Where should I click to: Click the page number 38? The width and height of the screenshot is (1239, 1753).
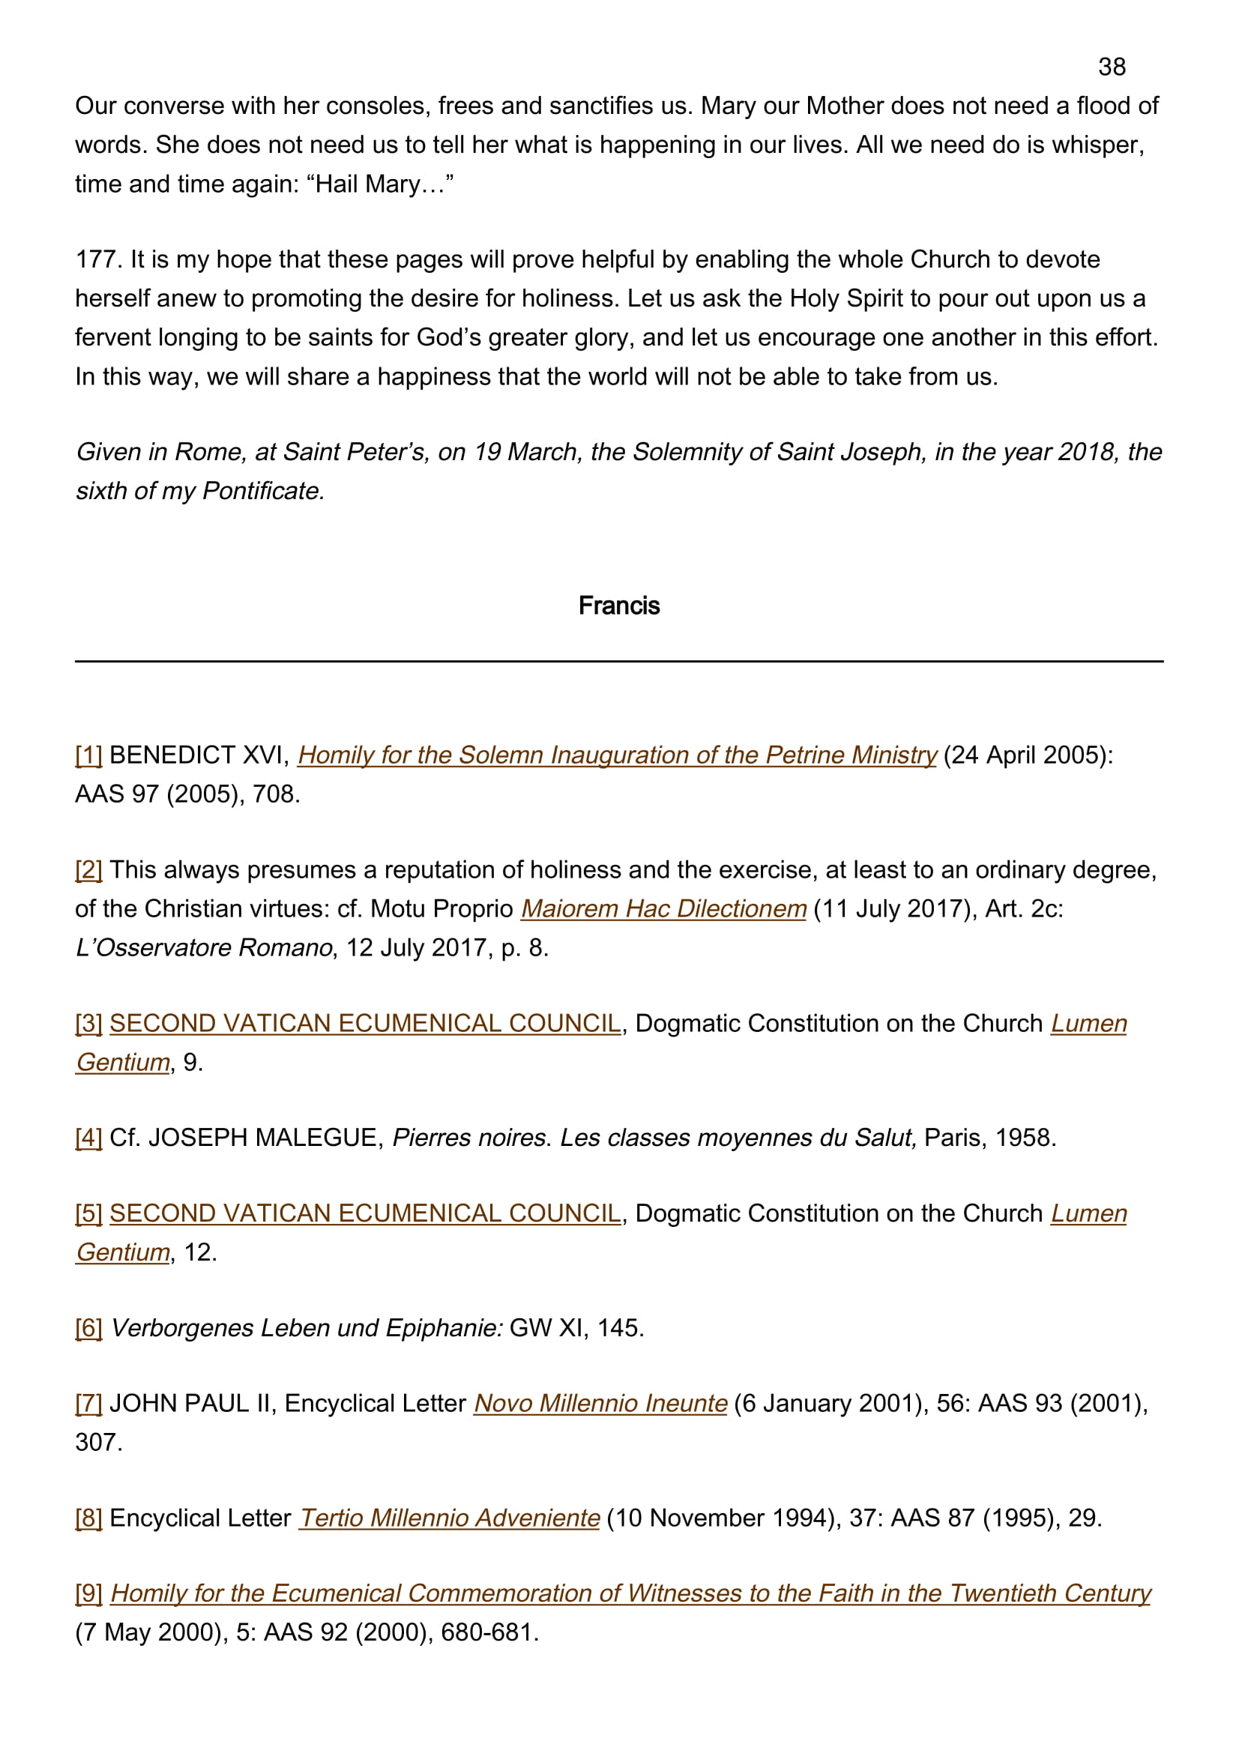coord(1112,67)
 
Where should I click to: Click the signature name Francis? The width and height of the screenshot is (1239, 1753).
coord(618,606)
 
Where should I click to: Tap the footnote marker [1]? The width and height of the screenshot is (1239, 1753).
coord(88,755)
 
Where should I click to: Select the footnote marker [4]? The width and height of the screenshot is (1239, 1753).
coord(88,1138)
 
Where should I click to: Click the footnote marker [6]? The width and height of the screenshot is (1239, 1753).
coord(88,1328)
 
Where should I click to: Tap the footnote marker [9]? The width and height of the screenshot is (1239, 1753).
coord(88,1593)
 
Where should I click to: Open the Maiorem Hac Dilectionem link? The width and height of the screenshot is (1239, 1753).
coord(663,908)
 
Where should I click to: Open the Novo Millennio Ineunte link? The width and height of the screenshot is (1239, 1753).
coord(600,1403)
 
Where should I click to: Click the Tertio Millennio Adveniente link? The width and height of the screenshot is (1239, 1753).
coord(449,1518)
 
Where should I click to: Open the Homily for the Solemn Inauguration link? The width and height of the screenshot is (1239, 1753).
coord(616,755)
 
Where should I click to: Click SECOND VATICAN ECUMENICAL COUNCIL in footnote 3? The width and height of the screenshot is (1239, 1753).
coord(365,1023)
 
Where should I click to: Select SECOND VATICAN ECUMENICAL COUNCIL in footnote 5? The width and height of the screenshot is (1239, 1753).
coord(365,1213)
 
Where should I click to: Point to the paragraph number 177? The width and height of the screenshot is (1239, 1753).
coord(98,259)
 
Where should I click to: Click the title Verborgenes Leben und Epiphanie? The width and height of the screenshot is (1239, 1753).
coord(306,1328)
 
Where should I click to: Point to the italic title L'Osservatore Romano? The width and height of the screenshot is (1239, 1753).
coord(204,947)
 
